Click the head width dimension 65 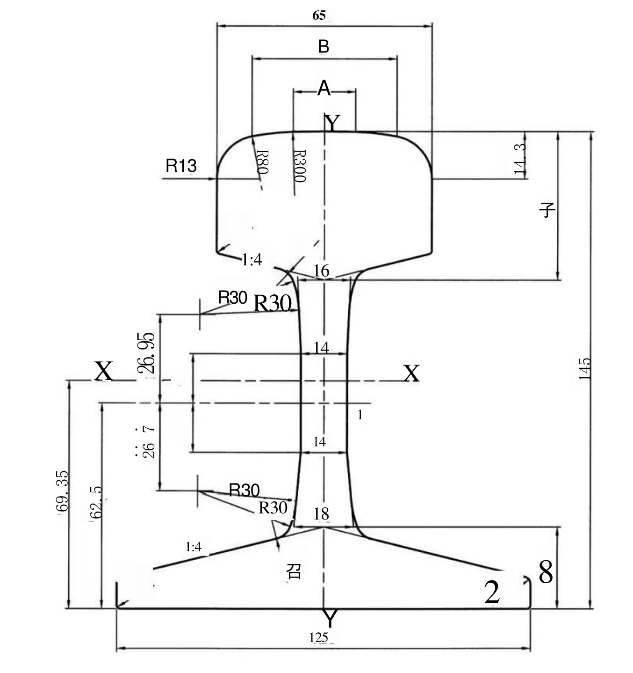(319, 15)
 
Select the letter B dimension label (324, 47)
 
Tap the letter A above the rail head (324, 88)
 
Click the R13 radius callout (181, 166)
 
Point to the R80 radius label (262, 162)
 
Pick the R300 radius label (299, 166)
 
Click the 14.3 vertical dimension (520, 159)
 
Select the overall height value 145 (585, 369)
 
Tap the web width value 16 (321, 271)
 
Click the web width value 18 (321, 514)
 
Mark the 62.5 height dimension (96, 502)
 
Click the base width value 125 (318, 637)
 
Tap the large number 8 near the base (546, 572)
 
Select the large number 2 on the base (492, 592)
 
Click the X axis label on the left (103, 372)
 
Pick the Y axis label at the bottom (330, 619)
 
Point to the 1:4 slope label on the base (193, 547)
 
